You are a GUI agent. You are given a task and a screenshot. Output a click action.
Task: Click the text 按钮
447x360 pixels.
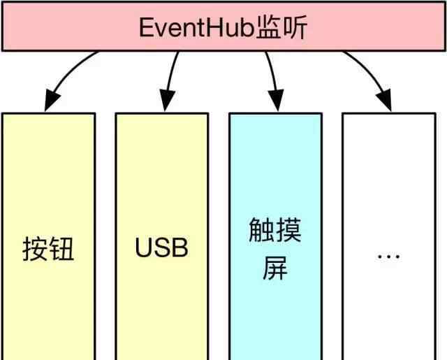48,249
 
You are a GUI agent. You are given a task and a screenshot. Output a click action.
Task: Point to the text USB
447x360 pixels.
161,248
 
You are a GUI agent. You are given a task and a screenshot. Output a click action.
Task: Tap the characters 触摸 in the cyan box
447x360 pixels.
275,230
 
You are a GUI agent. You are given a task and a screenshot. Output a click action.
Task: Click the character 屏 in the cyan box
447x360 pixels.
275,269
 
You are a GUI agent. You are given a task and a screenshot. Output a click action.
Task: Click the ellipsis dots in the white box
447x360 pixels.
388,256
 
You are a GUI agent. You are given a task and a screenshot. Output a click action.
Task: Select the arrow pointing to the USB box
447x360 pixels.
171,77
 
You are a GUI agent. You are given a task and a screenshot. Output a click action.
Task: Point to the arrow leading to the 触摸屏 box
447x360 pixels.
272,77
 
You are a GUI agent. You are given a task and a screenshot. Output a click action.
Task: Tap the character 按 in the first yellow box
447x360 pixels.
35,249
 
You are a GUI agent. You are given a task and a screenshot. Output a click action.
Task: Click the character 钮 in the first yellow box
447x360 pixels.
61,249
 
